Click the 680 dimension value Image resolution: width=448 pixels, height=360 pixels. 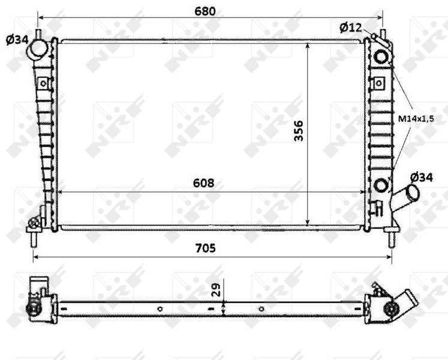(x=205, y=11)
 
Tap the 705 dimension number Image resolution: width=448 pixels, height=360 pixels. (x=206, y=248)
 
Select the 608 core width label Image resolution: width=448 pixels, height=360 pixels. (x=203, y=183)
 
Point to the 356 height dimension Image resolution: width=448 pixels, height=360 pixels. (x=299, y=131)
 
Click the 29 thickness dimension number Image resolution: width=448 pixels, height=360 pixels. (x=217, y=290)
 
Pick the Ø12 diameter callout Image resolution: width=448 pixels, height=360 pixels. (x=351, y=28)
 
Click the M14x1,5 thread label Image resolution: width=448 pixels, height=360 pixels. (x=416, y=118)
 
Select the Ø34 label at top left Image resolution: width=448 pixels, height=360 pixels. (x=17, y=40)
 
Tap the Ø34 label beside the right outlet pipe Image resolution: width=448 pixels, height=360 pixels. (x=422, y=178)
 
